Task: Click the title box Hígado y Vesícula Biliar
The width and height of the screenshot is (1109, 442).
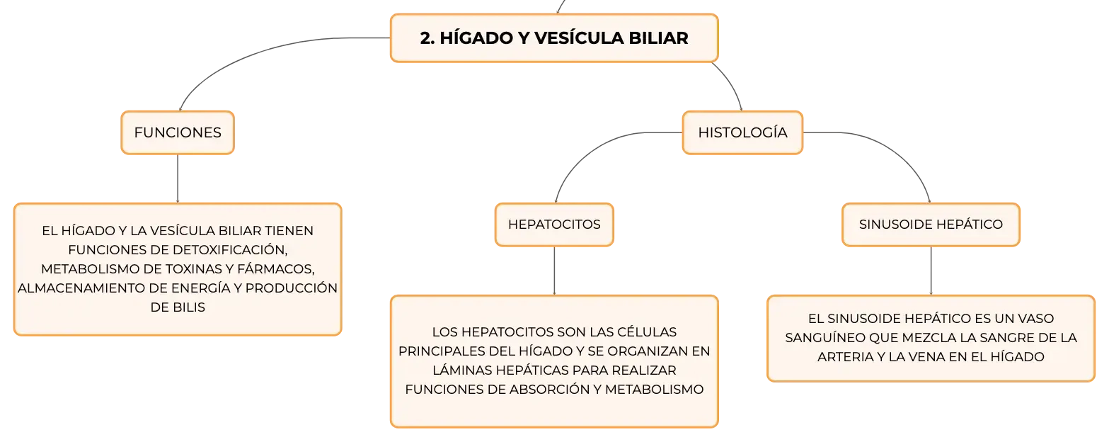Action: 554,38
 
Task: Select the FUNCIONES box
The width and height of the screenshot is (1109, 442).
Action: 178,132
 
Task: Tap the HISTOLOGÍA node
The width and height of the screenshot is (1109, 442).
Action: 742,132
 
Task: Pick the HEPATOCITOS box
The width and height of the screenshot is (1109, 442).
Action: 554,225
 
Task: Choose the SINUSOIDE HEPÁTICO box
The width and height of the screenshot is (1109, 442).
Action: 931,225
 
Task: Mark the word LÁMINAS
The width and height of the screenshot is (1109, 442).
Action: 462,370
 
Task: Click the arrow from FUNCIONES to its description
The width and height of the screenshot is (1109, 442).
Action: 178,178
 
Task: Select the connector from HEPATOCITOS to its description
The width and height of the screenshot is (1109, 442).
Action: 554,271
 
